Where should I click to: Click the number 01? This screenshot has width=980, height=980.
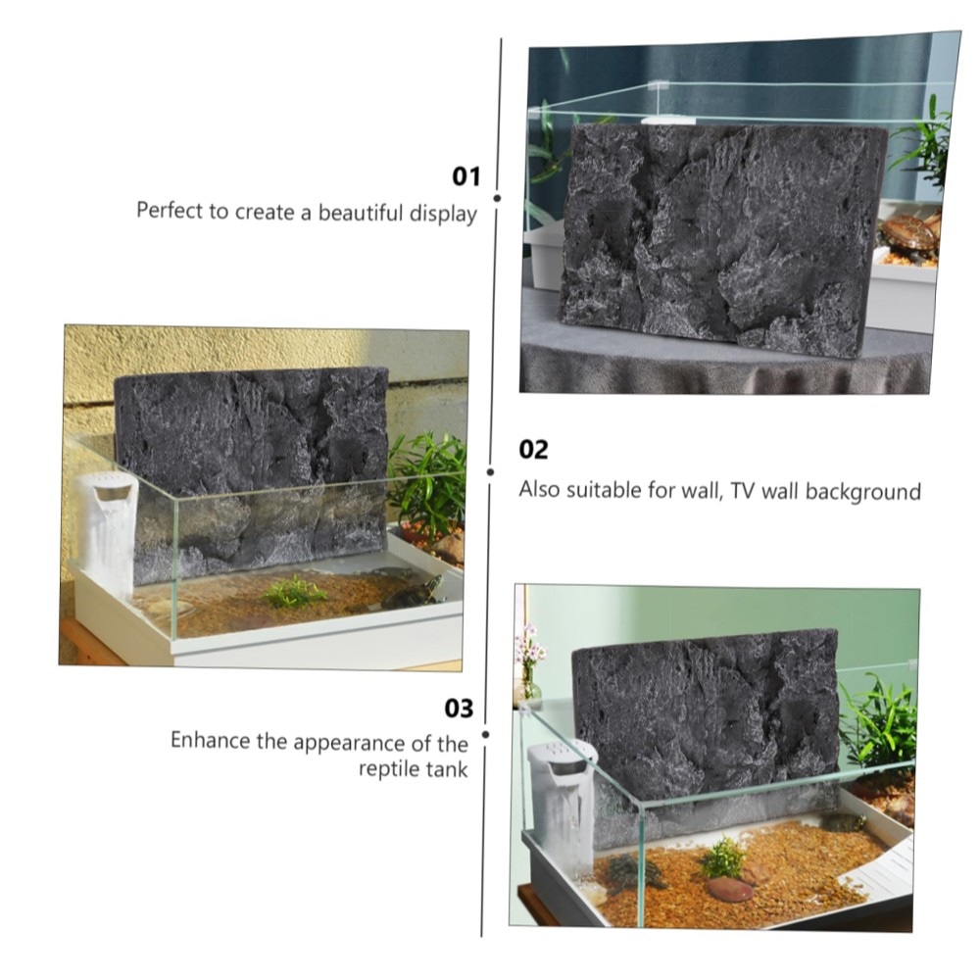point(466,176)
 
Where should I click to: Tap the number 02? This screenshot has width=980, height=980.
point(533,450)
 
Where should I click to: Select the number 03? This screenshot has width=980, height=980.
point(459,709)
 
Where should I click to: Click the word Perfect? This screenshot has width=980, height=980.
point(170,210)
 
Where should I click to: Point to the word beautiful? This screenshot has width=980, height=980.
point(361,213)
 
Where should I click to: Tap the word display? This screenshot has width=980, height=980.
point(443,215)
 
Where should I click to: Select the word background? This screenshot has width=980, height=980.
point(863,492)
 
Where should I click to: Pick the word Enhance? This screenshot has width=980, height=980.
point(210,740)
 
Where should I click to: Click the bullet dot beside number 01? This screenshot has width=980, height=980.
point(498,198)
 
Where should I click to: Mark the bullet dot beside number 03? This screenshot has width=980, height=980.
point(486,734)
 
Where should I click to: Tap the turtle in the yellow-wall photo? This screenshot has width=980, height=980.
point(411,593)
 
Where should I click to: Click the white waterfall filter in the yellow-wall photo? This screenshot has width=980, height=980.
point(110,531)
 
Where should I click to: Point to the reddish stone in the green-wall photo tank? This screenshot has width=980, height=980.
point(729,889)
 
